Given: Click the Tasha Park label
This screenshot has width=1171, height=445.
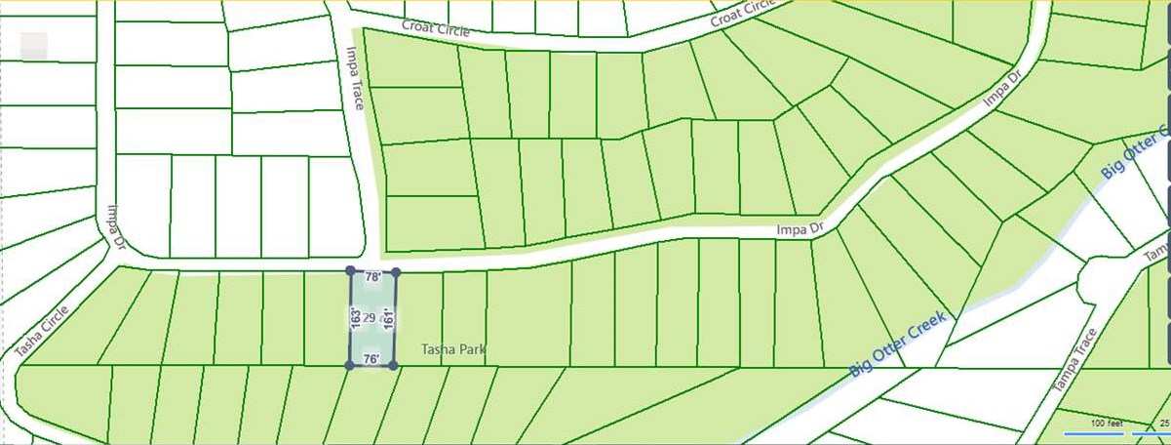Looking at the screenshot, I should pos(452,349).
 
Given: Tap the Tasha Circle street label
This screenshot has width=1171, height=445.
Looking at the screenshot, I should pos(42,330).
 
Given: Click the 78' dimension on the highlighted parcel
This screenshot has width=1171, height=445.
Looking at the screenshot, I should pos(372,278).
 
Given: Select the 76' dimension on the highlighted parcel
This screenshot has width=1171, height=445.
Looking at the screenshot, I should pos(371,359).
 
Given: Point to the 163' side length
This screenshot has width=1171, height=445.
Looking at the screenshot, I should pos(356,318).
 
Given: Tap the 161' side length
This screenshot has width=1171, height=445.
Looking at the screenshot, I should pos(388,318).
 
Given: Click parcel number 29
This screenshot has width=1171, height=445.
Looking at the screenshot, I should pos(370,319).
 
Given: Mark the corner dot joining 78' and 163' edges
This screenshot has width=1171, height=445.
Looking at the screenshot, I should pos(351,271).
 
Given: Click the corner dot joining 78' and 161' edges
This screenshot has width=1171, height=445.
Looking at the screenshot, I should pos(395,271).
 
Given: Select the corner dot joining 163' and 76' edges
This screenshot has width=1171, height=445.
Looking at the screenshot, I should pos(349,365).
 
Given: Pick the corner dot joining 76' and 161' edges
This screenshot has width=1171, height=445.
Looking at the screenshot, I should pos(393,366).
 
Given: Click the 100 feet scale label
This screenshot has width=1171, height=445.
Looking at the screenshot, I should pos(1107,424).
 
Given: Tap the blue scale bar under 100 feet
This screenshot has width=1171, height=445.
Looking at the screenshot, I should pos(1094,432).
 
